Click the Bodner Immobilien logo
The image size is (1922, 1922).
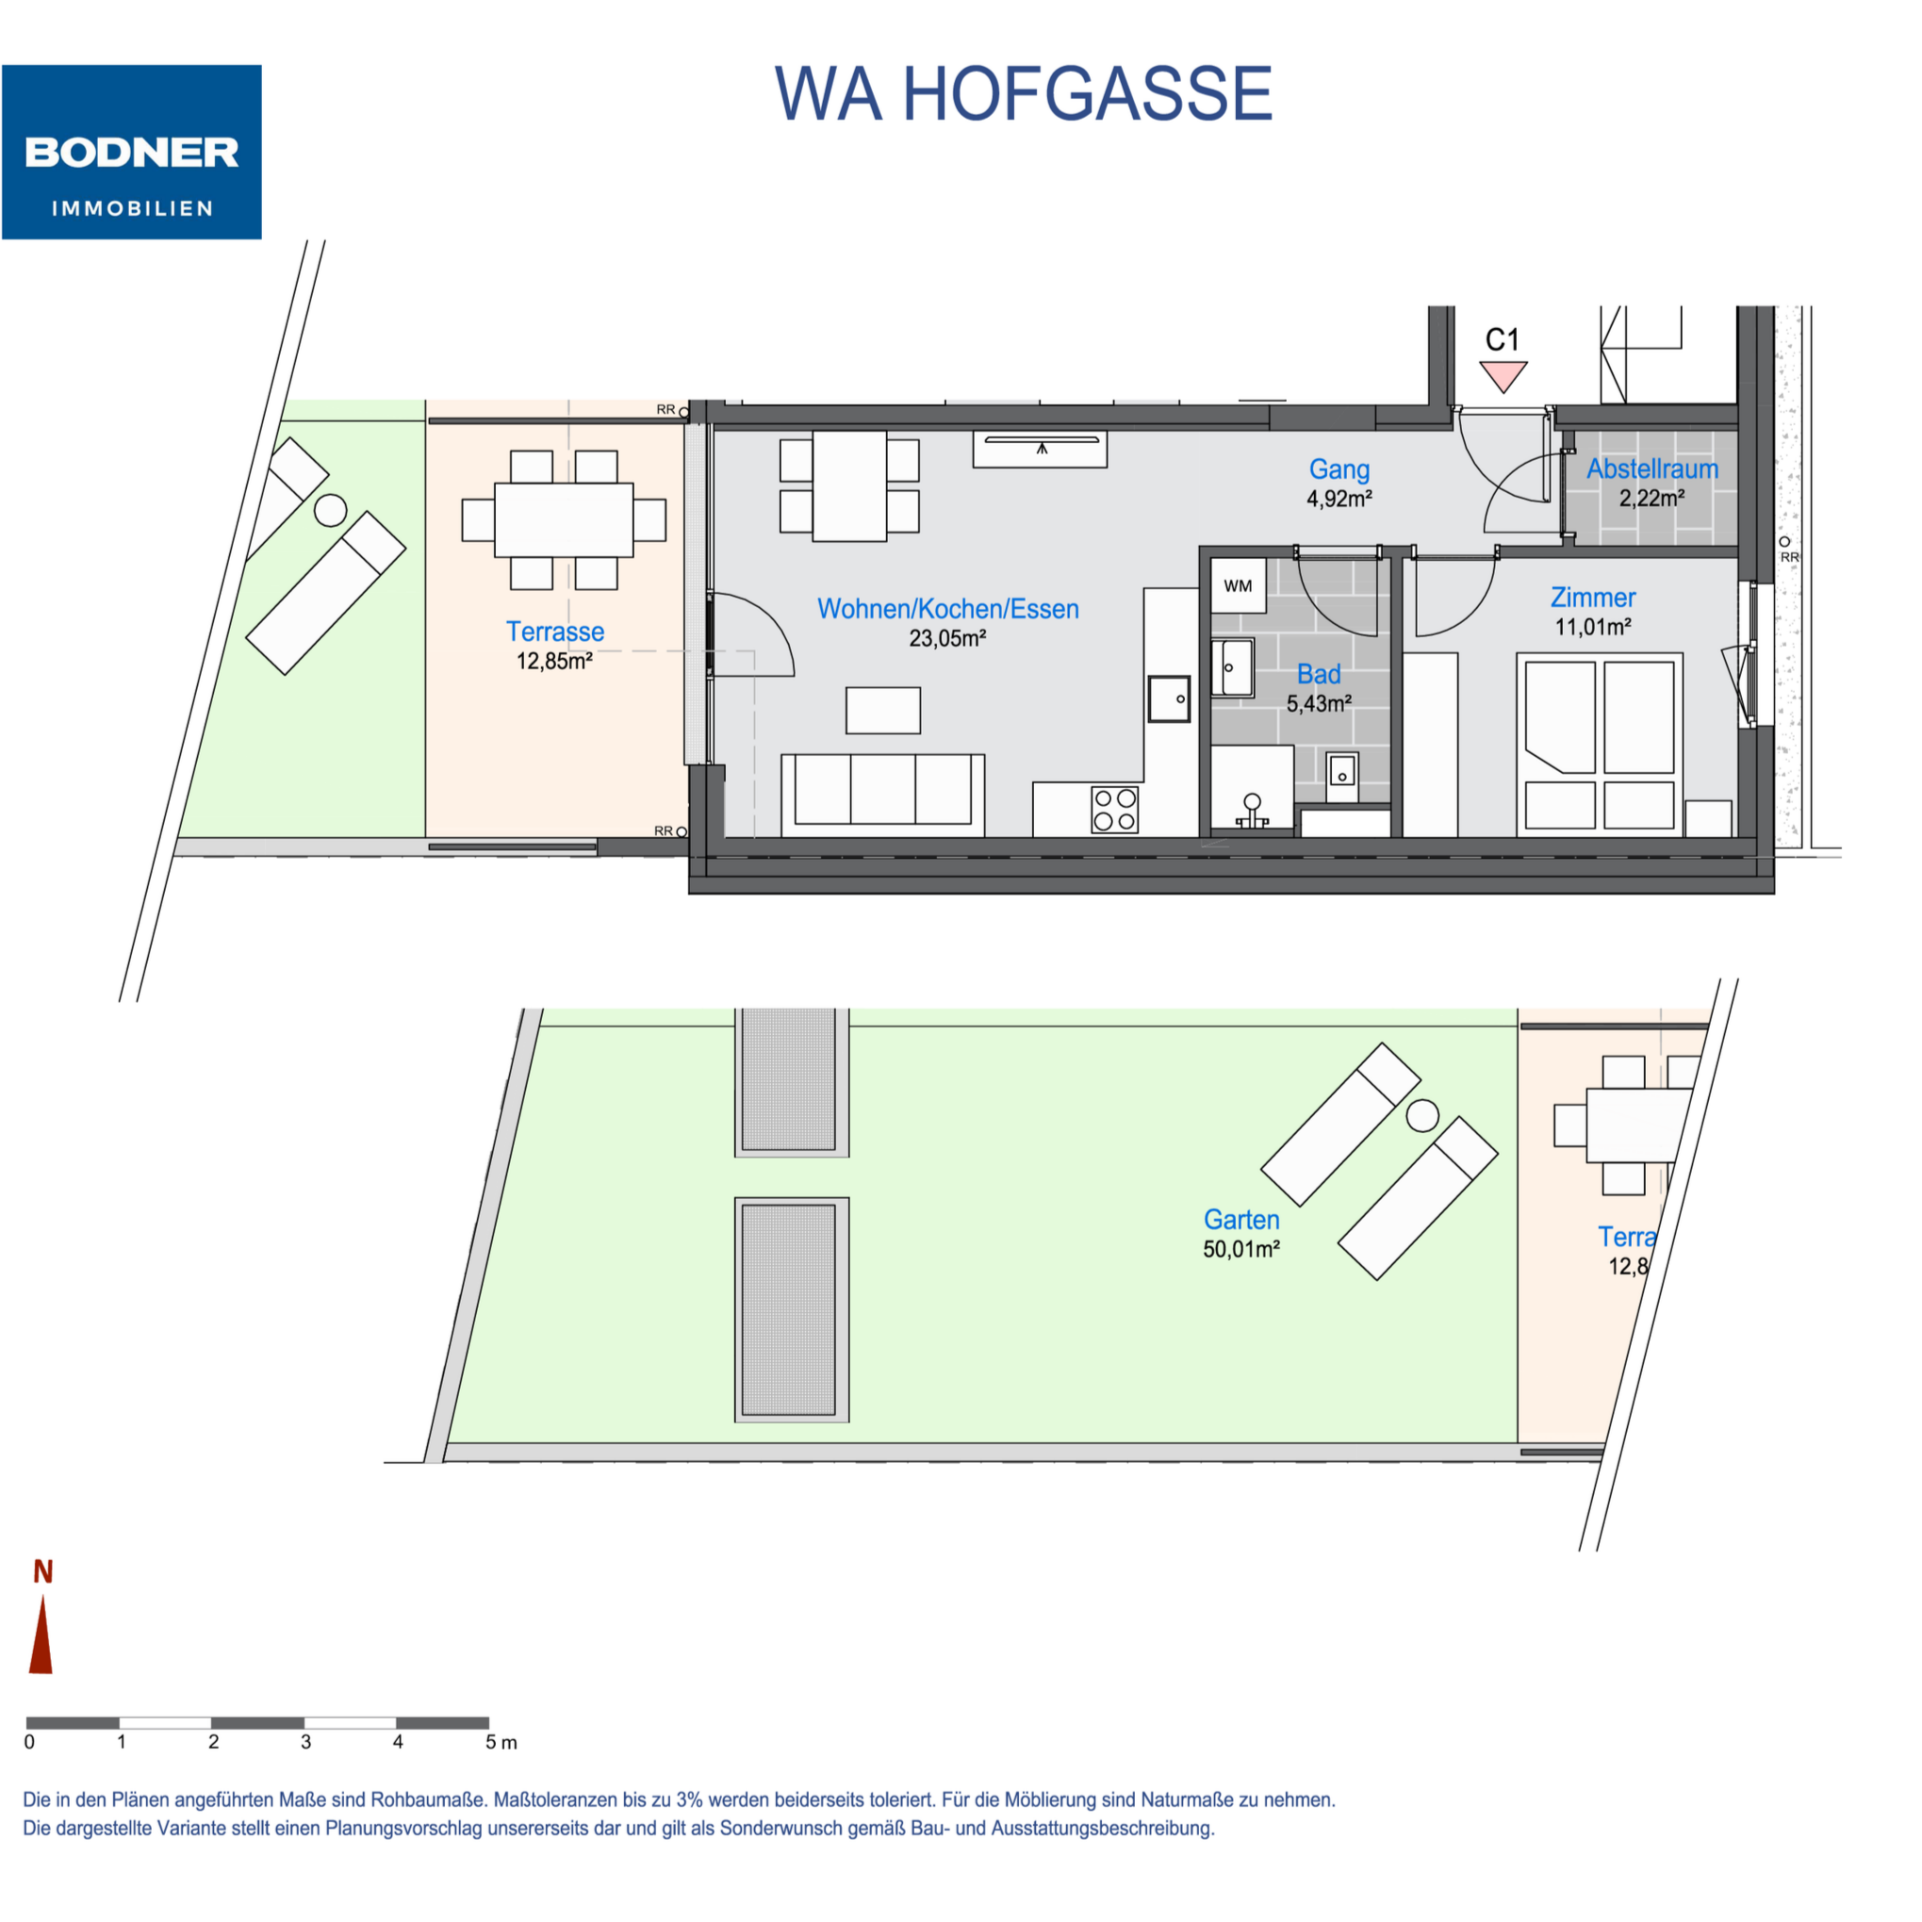pyautogui.click(x=131, y=152)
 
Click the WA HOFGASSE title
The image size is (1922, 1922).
pyautogui.click(x=1024, y=94)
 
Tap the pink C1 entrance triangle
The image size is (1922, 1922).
pyautogui.click(x=1503, y=376)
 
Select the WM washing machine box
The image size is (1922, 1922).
pyautogui.click(x=1238, y=585)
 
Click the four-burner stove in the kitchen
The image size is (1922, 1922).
pyautogui.click(x=1114, y=809)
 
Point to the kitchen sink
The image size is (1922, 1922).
pyautogui.click(x=1169, y=698)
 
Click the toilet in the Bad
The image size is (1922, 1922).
pyautogui.click(x=1252, y=811)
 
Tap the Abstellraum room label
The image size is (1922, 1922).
pyautogui.click(x=1652, y=468)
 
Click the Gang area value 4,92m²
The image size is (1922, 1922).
pyautogui.click(x=1339, y=499)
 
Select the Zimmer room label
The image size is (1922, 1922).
pyautogui.click(x=1593, y=597)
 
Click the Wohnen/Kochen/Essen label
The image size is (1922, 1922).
pyautogui.click(x=948, y=609)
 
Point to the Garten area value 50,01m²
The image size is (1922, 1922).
pyautogui.click(x=1241, y=1249)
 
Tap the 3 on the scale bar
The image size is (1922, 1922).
pyautogui.click(x=305, y=1742)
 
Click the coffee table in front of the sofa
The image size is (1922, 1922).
pyautogui.click(x=882, y=711)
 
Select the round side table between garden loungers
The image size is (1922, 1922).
pyautogui.click(x=1422, y=1115)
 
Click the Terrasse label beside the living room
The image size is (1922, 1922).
pyautogui.click(x=555, y=632)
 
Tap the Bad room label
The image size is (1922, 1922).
pyautogui.click(x=1318, y=675)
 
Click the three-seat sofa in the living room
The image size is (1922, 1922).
pyautogui.click(x=882, y=795)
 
